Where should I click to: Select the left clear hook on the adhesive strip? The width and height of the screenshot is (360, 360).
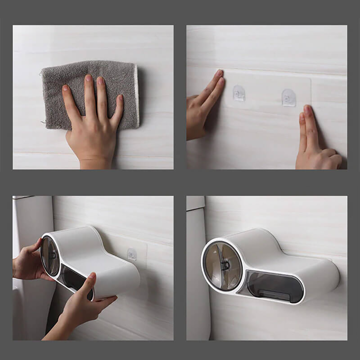coord(239,93)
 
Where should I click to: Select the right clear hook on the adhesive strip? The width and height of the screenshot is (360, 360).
coord(289,98)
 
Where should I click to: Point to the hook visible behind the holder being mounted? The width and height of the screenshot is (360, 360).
coord(132,255)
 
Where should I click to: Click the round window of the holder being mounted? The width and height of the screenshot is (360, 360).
coord(50,256)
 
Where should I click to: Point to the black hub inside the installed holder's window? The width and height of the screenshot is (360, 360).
coord(225,266)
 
